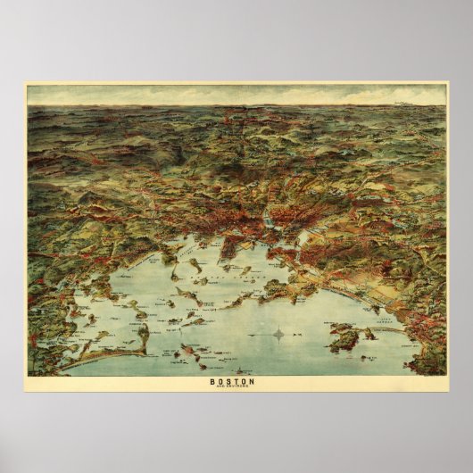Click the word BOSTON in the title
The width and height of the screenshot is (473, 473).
click(236, 382)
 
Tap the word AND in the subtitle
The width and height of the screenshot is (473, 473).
click(227, 388)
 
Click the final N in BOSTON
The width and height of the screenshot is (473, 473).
click(253, 382)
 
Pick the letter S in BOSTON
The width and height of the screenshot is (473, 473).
click(233, 382)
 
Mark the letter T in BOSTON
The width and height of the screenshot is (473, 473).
click(240, 382)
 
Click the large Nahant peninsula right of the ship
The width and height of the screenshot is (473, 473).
click(344, 338)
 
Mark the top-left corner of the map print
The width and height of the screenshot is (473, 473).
click(27, 85)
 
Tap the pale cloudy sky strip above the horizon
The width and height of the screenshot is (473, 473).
click(236, 95)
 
